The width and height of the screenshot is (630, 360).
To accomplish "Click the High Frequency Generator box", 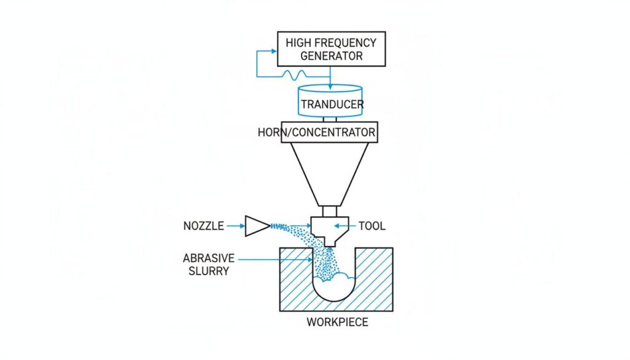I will (x=331, y=49).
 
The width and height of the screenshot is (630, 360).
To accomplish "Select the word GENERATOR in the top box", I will (x=331, y=56).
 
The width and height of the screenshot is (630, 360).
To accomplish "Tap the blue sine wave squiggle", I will (x=294, y=75).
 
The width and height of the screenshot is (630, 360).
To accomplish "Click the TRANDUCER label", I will (x=332, y=104).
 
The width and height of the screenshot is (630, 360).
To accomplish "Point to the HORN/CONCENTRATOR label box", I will (x=329, y=132).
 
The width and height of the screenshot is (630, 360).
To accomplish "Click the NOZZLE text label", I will (x=204, y=226).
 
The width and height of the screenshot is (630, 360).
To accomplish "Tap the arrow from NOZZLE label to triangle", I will (x=235, y=226).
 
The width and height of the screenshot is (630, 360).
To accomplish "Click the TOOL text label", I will (x=372, y=226).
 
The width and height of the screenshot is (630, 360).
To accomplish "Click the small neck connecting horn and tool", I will (x=330, y=211).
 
